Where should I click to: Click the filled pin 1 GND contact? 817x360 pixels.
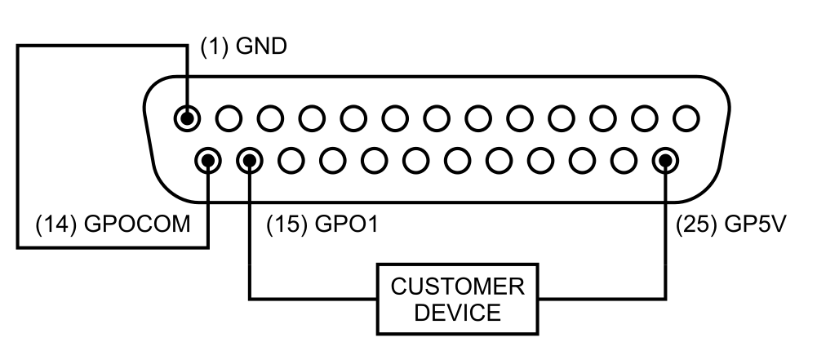click(x=187, y=118)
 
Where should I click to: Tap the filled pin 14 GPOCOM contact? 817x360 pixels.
click(x=209, y=160)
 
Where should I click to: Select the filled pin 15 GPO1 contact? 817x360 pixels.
click(x=249, y=160)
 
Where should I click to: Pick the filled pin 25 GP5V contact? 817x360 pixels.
click(x=666, y=160)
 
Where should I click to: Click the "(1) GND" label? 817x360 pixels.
click(x=244, y=47)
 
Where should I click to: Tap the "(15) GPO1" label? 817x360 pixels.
click(x=322, y=224)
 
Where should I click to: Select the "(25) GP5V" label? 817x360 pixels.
click(x=730, y=224)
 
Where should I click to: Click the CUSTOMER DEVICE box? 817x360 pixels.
click(x=457, y=299)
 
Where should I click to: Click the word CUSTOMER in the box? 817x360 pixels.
click(x=457, y=287)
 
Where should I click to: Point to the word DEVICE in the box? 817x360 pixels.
click(x=457, y=312)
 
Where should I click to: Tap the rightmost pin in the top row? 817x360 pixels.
click(x=686, y=118)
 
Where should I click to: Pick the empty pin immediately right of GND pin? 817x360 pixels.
click(x=229, y=118)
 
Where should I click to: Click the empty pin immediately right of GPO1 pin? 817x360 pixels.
click(x=291, y=160)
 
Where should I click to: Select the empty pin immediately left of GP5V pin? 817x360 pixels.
click(x=624, y=160)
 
